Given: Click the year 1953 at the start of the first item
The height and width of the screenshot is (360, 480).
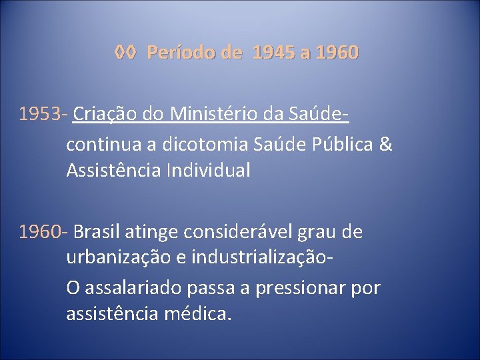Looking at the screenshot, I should [x=41, y=115].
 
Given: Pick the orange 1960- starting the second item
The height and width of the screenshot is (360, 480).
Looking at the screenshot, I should [x=43, y=232].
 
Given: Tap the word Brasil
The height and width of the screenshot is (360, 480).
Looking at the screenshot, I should [x=95, y=232].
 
